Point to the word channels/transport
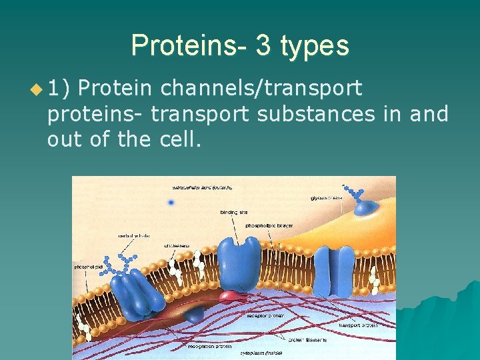261,87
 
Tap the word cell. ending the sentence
180,141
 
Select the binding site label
234,212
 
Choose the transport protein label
357,325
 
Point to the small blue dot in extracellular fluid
171,202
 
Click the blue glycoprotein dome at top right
365,209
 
